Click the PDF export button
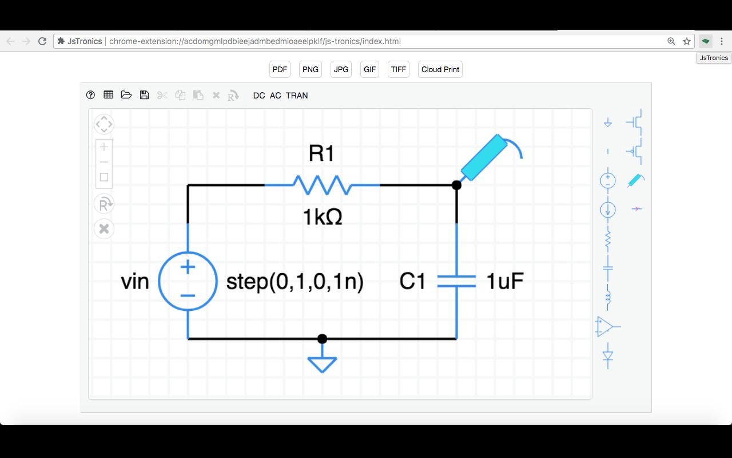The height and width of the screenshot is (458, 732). (280, 69)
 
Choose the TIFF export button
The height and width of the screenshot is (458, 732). (398, 69)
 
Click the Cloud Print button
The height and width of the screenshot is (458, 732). (440, 69)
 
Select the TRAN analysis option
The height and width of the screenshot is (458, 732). (297, 96)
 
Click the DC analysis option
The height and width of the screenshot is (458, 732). (259, 96)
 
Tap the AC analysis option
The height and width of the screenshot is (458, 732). (275, 96)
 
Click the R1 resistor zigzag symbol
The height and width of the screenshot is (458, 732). (321, 185)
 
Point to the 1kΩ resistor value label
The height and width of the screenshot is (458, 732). (322, 217)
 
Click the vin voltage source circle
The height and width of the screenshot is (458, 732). (188, 281)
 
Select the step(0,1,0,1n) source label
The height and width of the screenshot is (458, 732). (295, 282)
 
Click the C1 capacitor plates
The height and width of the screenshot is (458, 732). (456, 281)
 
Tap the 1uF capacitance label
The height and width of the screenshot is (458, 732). (505, 281)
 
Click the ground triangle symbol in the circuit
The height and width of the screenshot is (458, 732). (322, 364)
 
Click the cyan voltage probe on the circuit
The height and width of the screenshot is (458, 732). (484, 156)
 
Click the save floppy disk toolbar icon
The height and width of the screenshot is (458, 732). (144, 95)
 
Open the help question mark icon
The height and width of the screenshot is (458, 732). (90, 95)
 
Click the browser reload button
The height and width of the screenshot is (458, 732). (42, 41)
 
